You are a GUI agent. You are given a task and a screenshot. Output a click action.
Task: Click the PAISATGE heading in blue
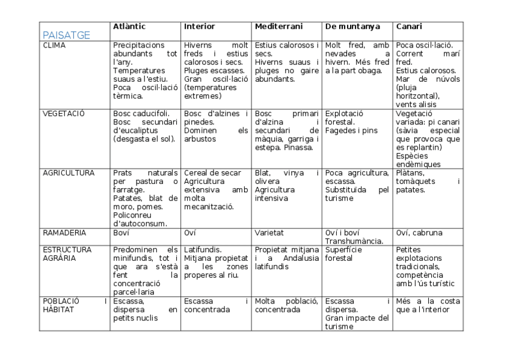66,35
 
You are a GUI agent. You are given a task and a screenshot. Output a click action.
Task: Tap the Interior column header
199,26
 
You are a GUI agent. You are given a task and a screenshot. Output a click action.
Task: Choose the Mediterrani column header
278,26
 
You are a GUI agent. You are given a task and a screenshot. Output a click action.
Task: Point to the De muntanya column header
352,26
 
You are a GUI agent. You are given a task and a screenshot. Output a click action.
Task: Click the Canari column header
409,26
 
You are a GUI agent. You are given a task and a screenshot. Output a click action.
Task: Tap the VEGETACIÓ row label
63,113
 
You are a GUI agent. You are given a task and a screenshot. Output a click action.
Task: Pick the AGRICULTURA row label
69,173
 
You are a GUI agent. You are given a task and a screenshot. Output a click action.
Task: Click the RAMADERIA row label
64,233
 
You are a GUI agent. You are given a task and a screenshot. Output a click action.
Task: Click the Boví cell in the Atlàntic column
121,233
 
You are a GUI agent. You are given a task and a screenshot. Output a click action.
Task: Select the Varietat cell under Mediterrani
269,233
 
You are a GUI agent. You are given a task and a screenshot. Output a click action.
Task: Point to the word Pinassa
298,147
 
